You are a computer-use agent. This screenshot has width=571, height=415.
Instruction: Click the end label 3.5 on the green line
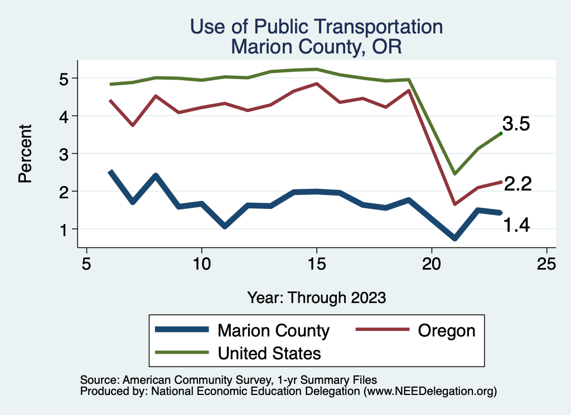tap(516, 124)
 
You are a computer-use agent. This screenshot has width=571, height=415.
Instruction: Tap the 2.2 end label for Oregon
tap(517, 183)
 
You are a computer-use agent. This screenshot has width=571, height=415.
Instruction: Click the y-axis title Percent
tap(25, 154)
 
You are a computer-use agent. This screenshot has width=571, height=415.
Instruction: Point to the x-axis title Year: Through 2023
tap(317, 297)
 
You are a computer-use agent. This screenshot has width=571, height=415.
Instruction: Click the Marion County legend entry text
tap(273, 330)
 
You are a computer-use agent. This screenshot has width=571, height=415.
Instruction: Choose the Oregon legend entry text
tap(447, 330)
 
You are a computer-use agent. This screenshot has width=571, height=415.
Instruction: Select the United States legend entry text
tap(269, 353)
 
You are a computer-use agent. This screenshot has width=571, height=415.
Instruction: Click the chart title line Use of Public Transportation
tap(317, 27)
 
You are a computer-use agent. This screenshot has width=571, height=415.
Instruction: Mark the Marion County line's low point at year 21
tap(455, 238)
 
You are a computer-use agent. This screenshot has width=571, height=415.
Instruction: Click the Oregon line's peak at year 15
tap(316, 84)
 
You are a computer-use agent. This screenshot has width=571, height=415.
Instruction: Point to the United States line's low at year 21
tap(455, 174)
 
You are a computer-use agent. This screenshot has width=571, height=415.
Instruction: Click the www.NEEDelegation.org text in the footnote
tap(430, 392)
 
